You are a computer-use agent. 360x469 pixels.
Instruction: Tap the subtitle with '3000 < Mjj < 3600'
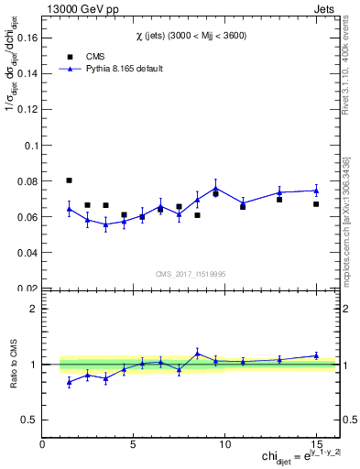pos(191,35)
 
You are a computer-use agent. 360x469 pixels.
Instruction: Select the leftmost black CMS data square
pos(69,180)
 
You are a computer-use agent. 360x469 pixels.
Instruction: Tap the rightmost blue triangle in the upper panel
pos(316,191)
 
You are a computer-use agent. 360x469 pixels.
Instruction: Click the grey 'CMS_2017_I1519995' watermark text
pos(191,272)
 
